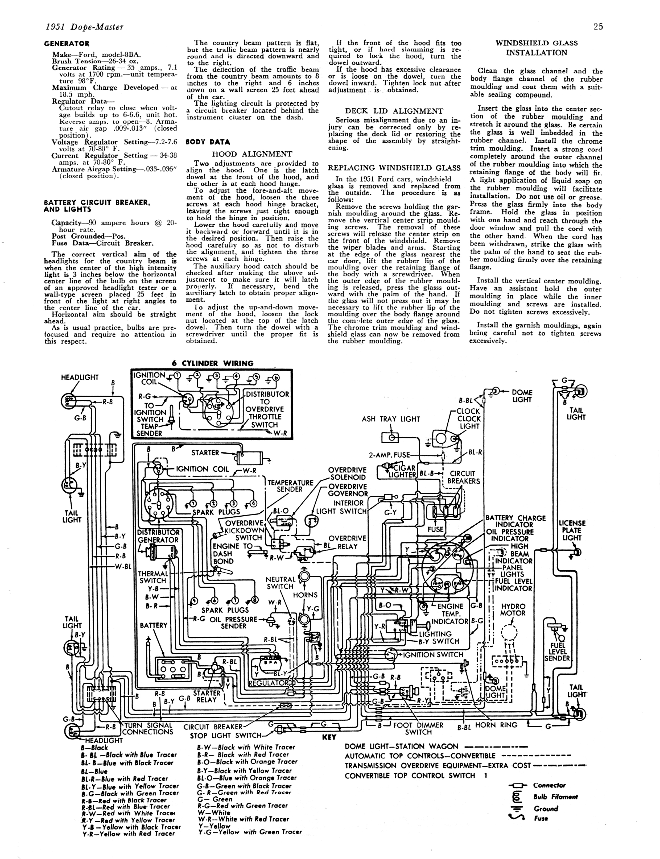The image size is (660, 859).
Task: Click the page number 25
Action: point(598,27)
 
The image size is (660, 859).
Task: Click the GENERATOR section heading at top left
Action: point(67,44)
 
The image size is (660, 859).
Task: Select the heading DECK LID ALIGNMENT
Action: point(394,111)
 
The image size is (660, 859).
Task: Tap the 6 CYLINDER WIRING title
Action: point(213,363)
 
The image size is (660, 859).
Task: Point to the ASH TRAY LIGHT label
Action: point(391,419)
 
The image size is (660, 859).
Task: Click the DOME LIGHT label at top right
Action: point(522,396)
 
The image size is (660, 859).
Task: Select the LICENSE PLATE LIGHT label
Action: point(572,530)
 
